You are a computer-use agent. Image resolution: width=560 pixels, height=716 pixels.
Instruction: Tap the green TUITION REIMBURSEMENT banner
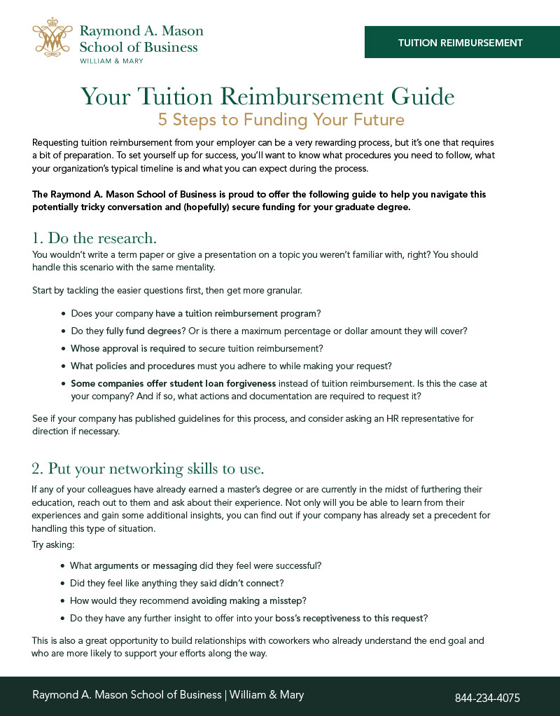point(461,43)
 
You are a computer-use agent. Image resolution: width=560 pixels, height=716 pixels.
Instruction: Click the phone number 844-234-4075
point(487,698)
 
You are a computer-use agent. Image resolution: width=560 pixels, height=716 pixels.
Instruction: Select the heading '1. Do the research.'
point(94,237)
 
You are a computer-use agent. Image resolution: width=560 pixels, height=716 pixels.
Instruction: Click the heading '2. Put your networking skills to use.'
point(148,467)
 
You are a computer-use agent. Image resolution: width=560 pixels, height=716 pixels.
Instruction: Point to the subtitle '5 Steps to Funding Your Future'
point(281,119)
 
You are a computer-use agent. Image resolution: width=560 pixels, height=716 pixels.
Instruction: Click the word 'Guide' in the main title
point(415,96)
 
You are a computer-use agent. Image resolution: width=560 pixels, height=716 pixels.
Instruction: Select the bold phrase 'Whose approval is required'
point(128,347)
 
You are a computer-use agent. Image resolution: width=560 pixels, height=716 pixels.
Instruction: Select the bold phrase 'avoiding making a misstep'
point(248,600)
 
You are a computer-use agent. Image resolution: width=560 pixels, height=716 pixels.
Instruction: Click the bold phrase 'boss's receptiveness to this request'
point(349,618)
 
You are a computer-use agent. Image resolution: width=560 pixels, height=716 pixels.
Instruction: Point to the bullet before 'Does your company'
point(64,313)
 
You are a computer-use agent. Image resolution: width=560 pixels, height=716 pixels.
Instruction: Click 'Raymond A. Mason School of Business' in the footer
point(127,695)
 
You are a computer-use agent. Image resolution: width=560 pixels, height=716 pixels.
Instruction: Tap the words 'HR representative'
point(423,419)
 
